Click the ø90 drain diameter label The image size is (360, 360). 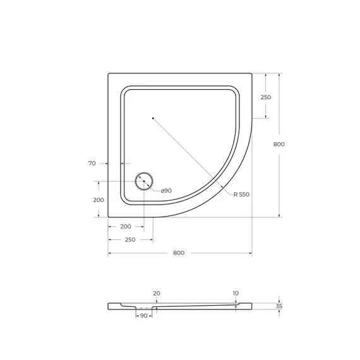tap(166, 191)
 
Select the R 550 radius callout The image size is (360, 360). tap(241, 194)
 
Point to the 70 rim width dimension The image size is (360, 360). tap(92, 164)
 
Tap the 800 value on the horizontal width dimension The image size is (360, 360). tap(179, 253)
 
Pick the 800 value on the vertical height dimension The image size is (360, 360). tap(279, 145)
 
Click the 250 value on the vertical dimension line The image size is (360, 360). tap(265, 97)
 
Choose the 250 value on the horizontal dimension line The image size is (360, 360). tap(130, 240)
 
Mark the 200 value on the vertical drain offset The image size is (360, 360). tap(98, 200)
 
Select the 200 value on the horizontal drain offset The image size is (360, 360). tap(126, 226)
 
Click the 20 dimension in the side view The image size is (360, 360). tap(157, 293)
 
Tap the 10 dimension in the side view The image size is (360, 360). tap(236, 293)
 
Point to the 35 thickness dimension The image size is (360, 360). tap(279, 306)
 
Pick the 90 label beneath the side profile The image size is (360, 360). tap(143, 316)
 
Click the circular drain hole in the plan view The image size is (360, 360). tap(144, 181)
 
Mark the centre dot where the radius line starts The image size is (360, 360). tap(152, 117)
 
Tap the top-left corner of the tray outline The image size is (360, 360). tap(109, 73)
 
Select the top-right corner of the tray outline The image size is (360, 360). tap(251, 73)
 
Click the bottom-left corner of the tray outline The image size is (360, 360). tap(109, 217)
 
